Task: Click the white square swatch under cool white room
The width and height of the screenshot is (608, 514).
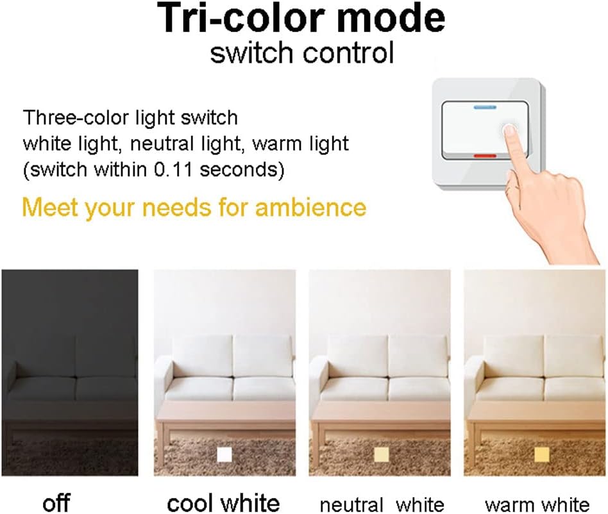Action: [x=224, y=454]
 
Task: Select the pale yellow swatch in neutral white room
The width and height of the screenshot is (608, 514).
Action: [x=381, y=454]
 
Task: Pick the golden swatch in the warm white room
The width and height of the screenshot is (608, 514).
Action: [x=541, y=454]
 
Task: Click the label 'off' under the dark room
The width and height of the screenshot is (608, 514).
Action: [x=56, y=503]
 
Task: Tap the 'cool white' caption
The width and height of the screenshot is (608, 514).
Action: [x=223, y=503]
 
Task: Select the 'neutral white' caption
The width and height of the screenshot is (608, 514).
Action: [x=381, y=504]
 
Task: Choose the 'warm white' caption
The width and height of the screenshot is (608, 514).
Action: [x=537, y=504]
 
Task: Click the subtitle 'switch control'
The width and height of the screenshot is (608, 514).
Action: [x=302, y=54]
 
